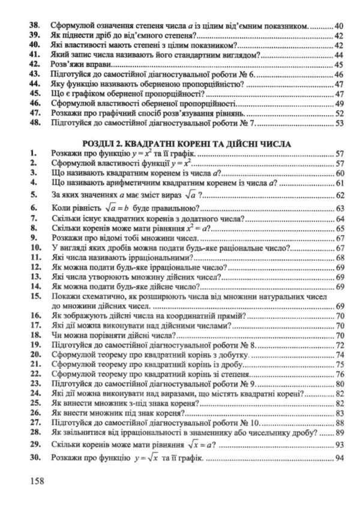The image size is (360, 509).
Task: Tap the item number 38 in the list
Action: click(34, 26)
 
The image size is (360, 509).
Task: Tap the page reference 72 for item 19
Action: click(338, 345)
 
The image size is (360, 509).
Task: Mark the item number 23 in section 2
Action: click(34, 384)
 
